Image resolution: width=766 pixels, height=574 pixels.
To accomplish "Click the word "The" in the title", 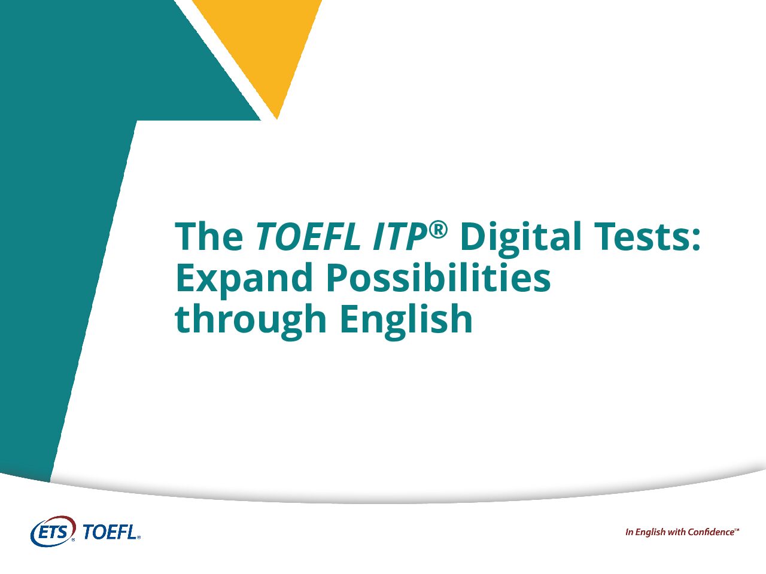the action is [x=209, y=236].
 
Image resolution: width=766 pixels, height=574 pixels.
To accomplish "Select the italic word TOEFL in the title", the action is [x=308, y=236].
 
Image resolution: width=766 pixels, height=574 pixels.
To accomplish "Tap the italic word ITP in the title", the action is [x=400, y=236].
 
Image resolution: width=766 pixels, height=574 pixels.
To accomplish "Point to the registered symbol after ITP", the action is [x=437, y=230].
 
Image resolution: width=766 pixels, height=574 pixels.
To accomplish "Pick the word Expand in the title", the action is [x=244, y=279].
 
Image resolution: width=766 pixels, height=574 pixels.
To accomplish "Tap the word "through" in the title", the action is [x=250, y=320].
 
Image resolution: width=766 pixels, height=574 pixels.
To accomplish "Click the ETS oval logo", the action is [x=53, y=531].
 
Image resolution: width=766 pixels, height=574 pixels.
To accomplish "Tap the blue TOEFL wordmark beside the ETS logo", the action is [x=111, y=532].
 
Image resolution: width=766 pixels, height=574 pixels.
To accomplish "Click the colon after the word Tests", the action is [x=696, y=240].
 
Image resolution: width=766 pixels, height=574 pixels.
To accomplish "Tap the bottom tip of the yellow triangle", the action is [x=276, y=119].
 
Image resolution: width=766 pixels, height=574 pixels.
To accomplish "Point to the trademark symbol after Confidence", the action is [x=737, y=529].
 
